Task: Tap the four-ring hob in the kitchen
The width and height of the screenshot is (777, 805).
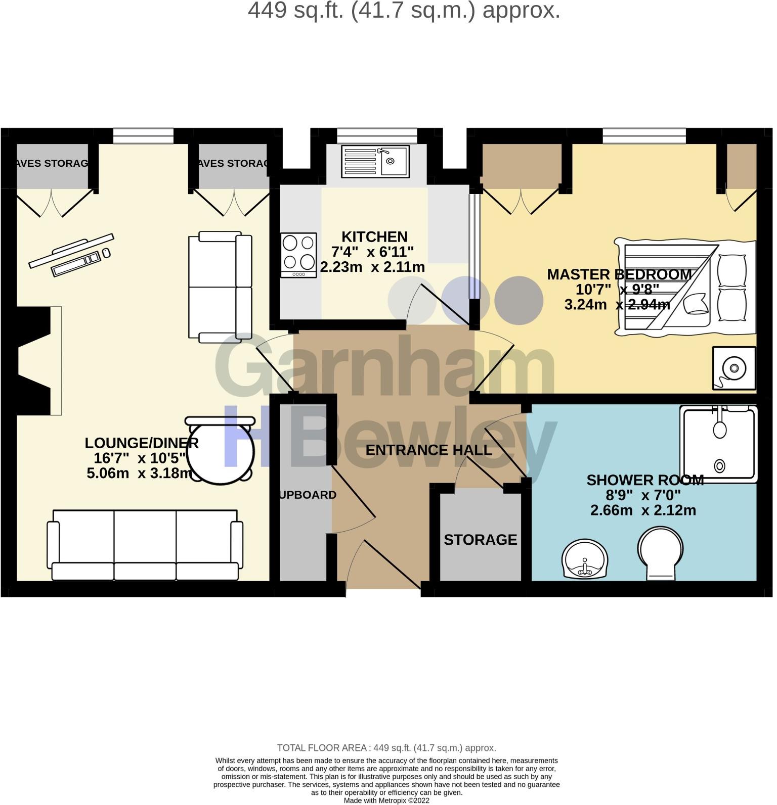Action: coord(299,255)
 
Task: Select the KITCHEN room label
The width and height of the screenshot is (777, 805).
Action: coord(375,237)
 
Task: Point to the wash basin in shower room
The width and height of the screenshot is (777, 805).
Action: coord(585,559)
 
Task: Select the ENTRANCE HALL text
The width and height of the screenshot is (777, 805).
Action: coord(429,450)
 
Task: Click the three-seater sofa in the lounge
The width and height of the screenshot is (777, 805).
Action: coord(145,545)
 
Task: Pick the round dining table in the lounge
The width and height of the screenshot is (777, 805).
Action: coord(221,450)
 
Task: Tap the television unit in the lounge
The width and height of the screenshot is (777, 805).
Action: coord(71,256)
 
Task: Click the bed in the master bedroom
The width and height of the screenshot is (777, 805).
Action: coord(686,287)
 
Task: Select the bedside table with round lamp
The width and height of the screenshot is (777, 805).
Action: coord(734,369)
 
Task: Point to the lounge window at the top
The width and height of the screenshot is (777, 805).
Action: coord(144,136)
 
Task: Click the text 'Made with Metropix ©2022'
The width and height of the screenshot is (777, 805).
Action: coord(387,801)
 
